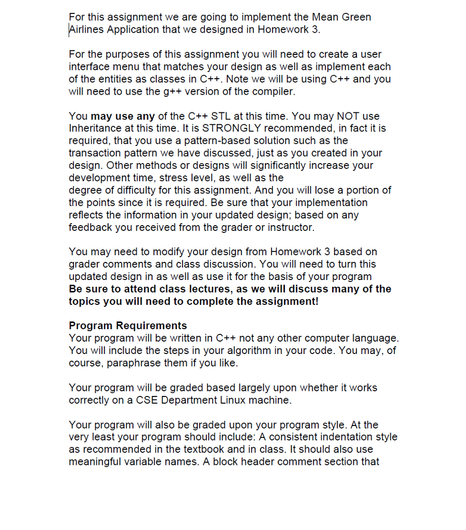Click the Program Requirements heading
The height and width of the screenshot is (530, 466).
tap(128, 326)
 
